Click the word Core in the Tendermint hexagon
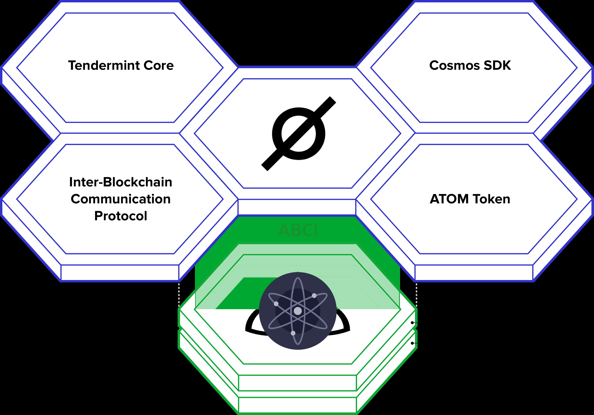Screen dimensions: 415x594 pyautogui.click(x=159, y=65)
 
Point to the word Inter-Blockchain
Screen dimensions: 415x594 pyautogui.click(x=121, y=182)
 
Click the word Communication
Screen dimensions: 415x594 pyautogui.click(x=121, y=199)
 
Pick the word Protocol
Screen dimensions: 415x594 pyautogui.click(x=121, y=216)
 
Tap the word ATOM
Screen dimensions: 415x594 pyautogui.click(x=449, y=199)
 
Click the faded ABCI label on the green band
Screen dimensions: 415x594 pyautogui.click(x=298, y=230)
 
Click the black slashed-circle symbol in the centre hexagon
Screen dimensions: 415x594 pyautogui.click(x=299, y=134)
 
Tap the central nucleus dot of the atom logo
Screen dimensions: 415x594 pyautogui.click(x=298, y=311)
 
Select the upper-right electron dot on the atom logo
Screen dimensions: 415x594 pyautogui.click(x=314, y=295)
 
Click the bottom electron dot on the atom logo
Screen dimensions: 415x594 pyautogui.click(x=293, y=333)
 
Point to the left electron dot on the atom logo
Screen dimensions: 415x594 pyautogui.click(x=276, y=304)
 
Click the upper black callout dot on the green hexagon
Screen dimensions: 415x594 pyautogui.click(x=412, y=323)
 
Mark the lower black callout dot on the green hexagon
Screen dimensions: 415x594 pyautogui.click(x=412, y=343)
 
